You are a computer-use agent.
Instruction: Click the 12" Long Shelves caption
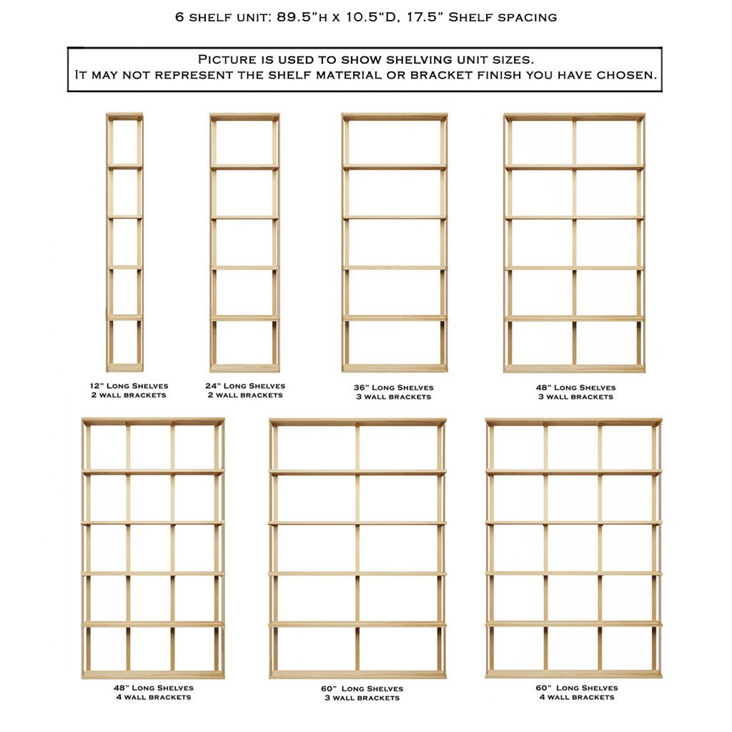124,386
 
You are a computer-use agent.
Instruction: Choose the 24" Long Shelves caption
244,386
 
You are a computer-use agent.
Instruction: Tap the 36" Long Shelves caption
393,387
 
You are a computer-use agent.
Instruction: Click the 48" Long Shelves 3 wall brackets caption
575,392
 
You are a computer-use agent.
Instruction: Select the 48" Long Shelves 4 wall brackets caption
153,692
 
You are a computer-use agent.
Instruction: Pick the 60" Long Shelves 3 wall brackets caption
362,693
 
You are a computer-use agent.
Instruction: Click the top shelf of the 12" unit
124,116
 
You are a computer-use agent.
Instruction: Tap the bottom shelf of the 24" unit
244,368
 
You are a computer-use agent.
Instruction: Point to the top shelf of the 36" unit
395,116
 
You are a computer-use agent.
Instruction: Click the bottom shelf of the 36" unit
395,368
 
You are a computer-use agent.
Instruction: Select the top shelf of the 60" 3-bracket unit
357,422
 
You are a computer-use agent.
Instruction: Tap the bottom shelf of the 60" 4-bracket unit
573,673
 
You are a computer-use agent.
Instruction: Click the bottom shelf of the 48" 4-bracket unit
153,674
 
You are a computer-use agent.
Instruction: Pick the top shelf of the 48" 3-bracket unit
574,116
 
